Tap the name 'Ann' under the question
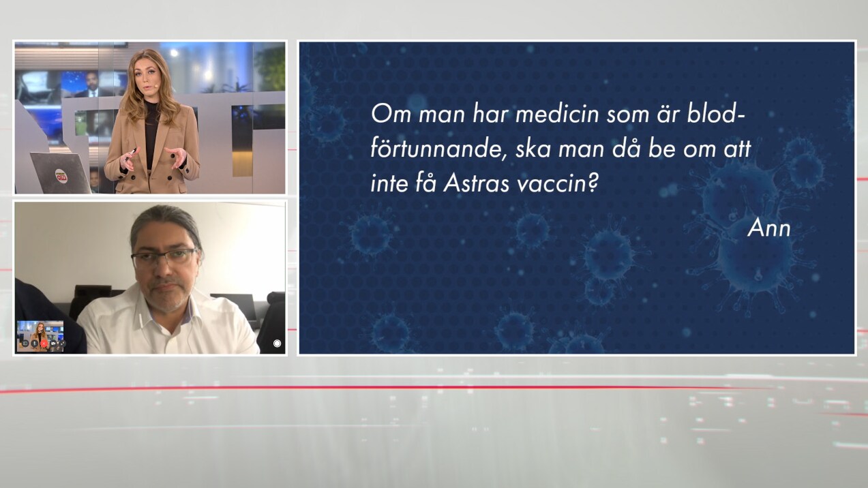pos(769,228)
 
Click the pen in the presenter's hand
pos(130,153)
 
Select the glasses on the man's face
pos(164,257)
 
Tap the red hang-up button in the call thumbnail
pos(44,344)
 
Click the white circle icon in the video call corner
pos(277,344)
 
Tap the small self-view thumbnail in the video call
pos(40,336)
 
